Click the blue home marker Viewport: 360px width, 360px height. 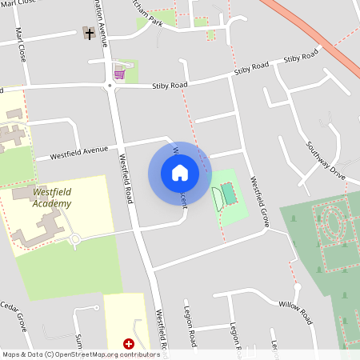tap(180, 172)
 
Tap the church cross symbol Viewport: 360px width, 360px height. tap(89, 34)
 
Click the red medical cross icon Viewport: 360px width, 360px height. tap(128, 343)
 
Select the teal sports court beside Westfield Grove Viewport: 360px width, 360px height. tap(230, 194)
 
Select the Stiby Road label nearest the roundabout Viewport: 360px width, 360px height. tap(170, 84)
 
